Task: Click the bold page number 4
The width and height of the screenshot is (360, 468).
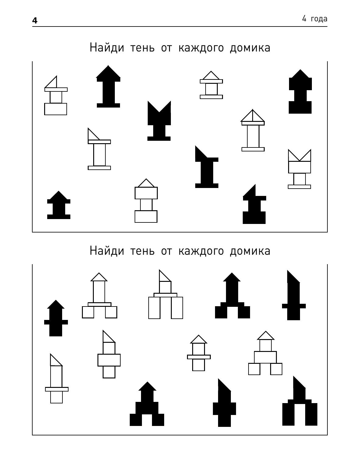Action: (35, 20)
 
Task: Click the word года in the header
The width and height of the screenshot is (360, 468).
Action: (319, 19)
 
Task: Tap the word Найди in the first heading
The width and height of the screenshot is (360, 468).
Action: (107, 48)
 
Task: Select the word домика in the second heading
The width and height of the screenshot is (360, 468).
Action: (250, 251)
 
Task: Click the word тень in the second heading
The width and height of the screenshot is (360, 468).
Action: (143, 251)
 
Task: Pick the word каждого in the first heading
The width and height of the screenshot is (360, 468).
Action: (201, 48)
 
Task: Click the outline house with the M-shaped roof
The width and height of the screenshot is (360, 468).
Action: (299, 169)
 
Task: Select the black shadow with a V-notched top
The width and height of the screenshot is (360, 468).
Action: (159, 121)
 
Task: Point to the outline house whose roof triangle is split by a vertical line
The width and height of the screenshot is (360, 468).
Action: (253, 130)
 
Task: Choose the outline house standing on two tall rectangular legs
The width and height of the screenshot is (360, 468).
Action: (165, 294)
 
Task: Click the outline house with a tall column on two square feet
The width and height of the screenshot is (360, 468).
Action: (99, 296)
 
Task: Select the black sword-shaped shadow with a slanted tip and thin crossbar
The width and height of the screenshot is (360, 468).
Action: (294, 296)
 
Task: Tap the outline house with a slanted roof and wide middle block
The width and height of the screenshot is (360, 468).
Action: (109, 354)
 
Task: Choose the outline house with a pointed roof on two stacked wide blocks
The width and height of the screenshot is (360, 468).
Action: (146, 201)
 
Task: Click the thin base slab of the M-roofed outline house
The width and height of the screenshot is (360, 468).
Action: (299, 187)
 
